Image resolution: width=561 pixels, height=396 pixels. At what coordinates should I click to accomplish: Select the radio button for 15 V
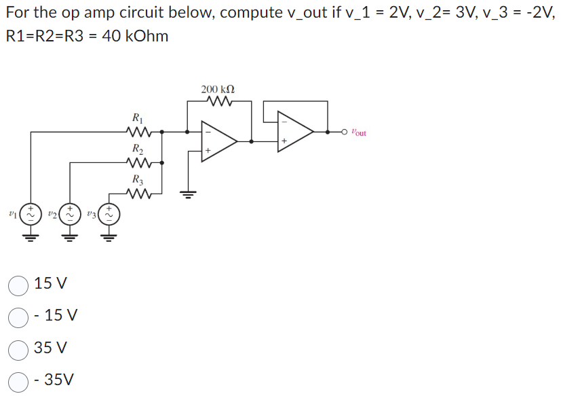(x=18, y=285)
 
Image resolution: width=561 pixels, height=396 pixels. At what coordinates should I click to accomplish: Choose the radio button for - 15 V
(x=18, y=317)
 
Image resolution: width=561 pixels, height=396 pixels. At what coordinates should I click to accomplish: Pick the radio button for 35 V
(x=18, y=349)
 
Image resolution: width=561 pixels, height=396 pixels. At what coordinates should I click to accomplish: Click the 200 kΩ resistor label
(x=218, y=89)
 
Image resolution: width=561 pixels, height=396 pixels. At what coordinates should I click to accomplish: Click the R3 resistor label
(x=138, y=180)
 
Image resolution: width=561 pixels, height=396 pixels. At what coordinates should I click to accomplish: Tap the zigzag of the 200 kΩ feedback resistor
(x=218, y=103)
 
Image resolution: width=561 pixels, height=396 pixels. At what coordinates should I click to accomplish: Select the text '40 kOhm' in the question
(x=136, y=37)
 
